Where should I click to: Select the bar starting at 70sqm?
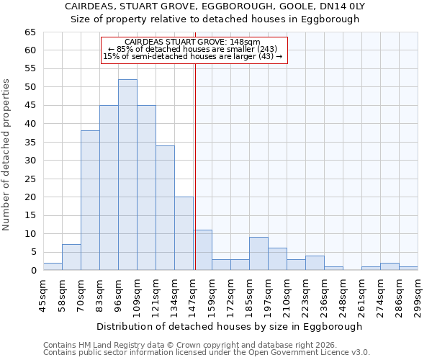tap(90, 200)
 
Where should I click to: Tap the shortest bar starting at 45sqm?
tap(53, 266)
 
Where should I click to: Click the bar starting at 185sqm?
tap(258, 253)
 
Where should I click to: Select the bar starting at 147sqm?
tap(202, 250)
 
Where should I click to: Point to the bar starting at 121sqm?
tap(165, 207)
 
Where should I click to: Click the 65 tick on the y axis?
tap(30, 32)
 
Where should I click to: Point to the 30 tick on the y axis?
tap(30, 161)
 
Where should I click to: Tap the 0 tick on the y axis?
tap(32, 271)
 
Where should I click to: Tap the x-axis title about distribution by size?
tap(229, 326)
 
